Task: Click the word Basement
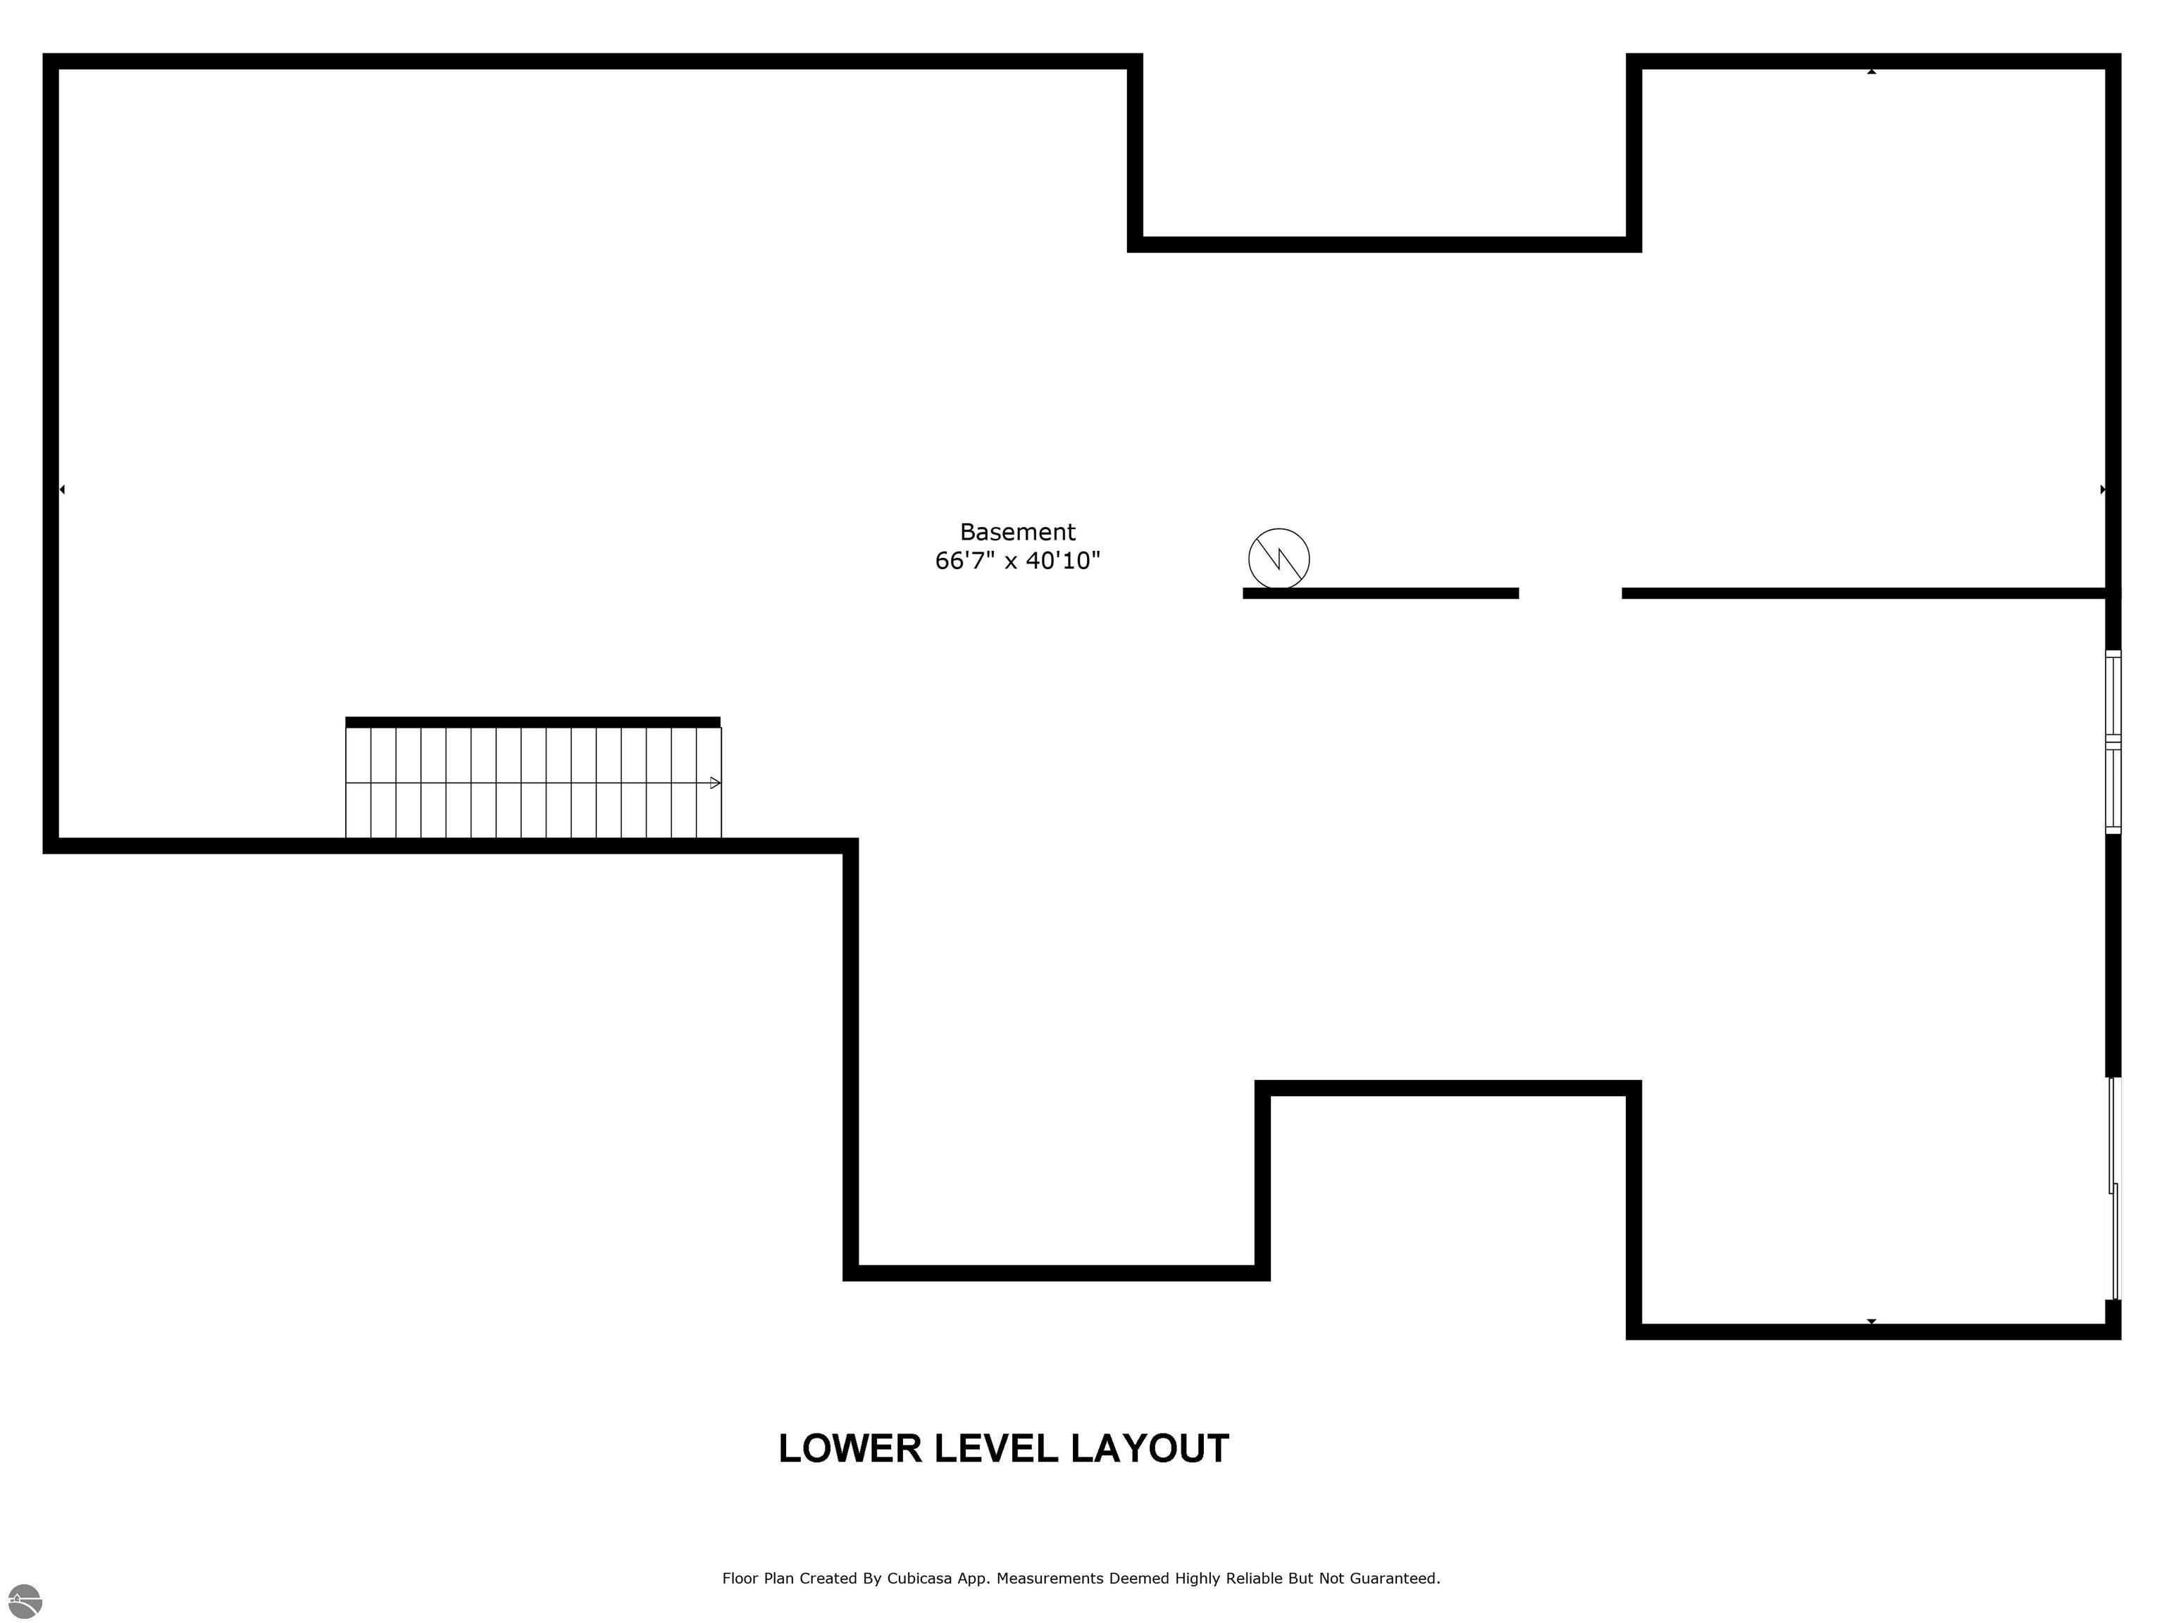1017,533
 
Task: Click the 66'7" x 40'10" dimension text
1017,561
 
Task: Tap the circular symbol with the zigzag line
1279,559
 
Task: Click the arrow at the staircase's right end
715,783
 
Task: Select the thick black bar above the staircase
533,722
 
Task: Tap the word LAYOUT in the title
1150,1449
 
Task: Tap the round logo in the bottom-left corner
25,1601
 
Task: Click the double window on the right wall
2113,742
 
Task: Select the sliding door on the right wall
2114,1188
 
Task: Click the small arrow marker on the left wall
61,489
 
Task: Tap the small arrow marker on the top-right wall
1872,71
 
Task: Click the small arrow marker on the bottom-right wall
1872,1321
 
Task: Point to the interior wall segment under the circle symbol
1381,593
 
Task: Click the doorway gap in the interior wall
1570,593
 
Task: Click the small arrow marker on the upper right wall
2103,489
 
